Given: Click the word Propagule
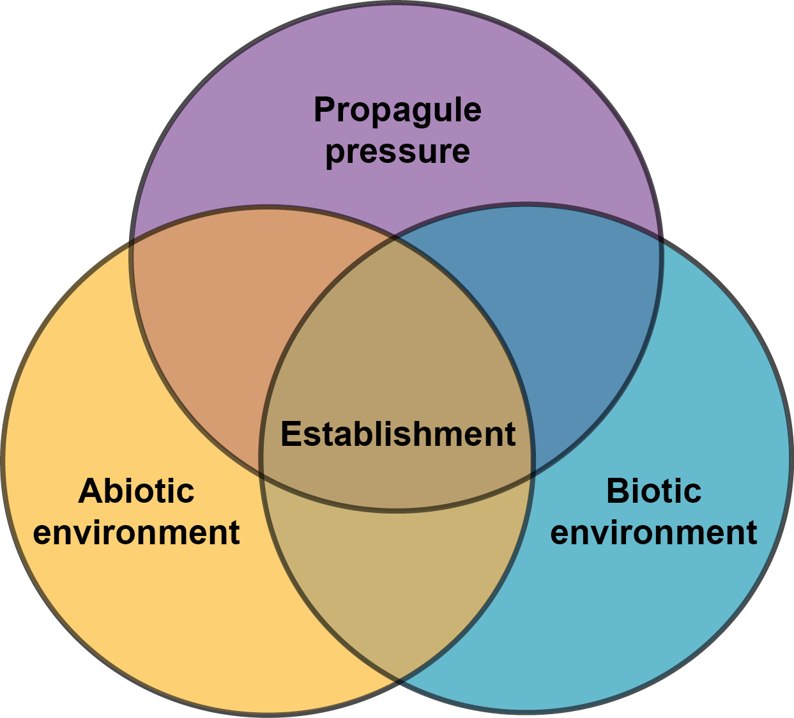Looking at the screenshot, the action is tap(397, 110).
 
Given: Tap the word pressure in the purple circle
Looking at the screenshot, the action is tap(397, 151).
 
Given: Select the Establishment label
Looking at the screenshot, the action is tap(397, 434).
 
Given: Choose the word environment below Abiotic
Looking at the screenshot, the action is tap(136, 532).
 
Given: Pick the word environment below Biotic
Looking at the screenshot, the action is tap(653, 532).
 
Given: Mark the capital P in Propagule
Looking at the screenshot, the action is tap(324, 110).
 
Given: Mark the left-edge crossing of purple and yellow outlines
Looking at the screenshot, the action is tap(132, 243).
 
